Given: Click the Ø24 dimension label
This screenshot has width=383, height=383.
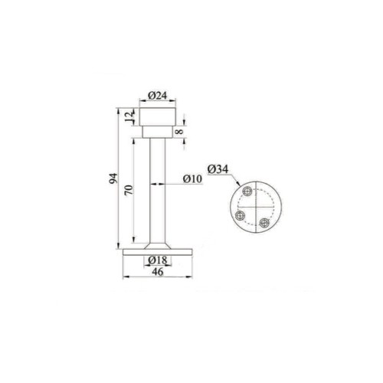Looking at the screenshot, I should tap(158, 96).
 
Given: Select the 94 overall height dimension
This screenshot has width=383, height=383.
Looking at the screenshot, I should tap(113, 179).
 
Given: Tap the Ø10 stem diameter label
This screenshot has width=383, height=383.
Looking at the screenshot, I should tap(191, 179).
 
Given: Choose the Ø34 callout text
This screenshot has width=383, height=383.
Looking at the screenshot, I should tap(218, 169).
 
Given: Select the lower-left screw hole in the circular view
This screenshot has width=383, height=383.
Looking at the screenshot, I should tap(240, 215).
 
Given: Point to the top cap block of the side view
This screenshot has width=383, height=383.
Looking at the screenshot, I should tap(158, 118).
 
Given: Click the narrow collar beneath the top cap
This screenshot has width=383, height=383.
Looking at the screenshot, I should tap(158, 132).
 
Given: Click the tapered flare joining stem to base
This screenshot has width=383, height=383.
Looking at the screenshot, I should tap(158, 242).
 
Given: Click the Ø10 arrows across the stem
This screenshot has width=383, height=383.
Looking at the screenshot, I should tap(158, 184).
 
